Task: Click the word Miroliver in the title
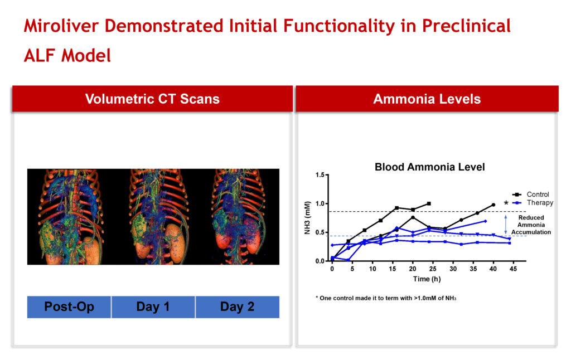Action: (x=61, y=26)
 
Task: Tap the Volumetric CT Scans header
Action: (x=152, y=99)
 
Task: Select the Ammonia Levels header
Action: (x=427, y=99)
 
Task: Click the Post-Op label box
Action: (x=69, y=307)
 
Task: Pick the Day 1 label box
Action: (x=153, y=307)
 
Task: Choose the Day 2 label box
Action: (x=238, y=307)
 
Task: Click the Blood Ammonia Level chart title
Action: (x=430, y=167)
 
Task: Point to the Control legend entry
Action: (x=531, y=194)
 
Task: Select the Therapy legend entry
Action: (x=533, y=203)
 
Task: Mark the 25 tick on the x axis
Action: (x=433, y=269)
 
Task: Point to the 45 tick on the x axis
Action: (x=513, y=269)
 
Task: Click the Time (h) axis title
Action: (x=427, y=279)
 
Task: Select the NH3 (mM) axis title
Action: (x=307, y=218)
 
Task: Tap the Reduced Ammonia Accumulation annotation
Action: (x=531, y=225)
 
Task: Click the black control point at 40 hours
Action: (x=493, y=205)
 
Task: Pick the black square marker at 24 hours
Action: (x=429, y=204)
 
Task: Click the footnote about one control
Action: (x=386, y=298)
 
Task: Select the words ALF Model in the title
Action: (x=67, y=56)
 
